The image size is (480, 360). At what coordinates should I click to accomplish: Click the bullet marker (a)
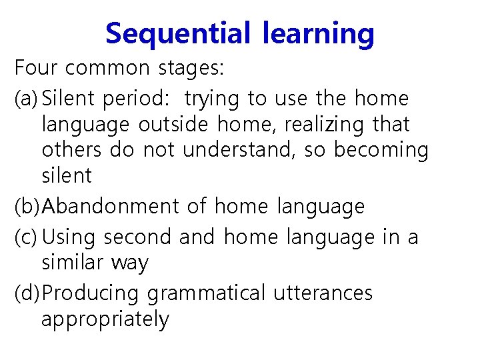pyautogui.click(x=27, y=99)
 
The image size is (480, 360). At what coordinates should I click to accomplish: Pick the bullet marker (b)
pyautogui.click(x=27, y=207)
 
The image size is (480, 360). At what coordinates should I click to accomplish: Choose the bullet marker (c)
pyautogui.click(x=27, y=237)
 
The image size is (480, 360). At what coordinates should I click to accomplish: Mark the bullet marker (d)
pyautogui.click(x=27, y=293)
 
